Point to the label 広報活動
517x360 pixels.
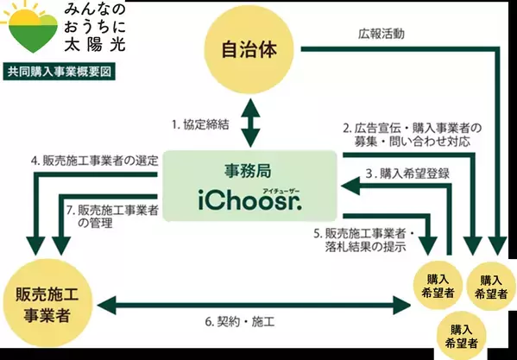(x=381, y=35)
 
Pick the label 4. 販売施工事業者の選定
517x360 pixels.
(x=83, y=160)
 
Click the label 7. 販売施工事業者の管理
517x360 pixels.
(x=112, y=216)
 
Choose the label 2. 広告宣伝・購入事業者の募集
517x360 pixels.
(x=409, y=135)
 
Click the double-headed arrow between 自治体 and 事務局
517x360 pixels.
(x=250, y=123)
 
